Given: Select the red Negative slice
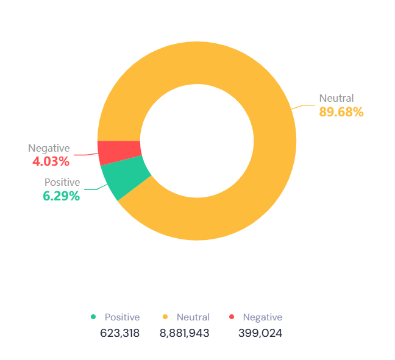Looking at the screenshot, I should pos(119,152).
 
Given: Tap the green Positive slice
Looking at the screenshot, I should pos(126,177).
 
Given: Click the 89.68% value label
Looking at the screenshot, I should pos(341,112).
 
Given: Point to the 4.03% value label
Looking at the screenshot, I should pos(51,161).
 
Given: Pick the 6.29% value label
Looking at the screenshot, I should pos(62,196).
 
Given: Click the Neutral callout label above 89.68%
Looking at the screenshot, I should pos(336,98).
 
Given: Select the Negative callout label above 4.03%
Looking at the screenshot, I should pos(49,148).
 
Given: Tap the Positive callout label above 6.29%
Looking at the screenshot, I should pos(62,182).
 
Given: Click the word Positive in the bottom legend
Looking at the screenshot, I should pos(122,317).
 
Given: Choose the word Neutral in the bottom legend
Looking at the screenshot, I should pos(193,317).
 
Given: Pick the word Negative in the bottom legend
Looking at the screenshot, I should pos(263,317).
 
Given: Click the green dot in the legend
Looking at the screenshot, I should pos(93,317).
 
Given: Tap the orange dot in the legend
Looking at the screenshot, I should pos(165,317).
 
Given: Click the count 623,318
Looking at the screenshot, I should pos(120,333).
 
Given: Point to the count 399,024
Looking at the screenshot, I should pos(260,333).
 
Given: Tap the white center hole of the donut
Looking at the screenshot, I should pos(197,141).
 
